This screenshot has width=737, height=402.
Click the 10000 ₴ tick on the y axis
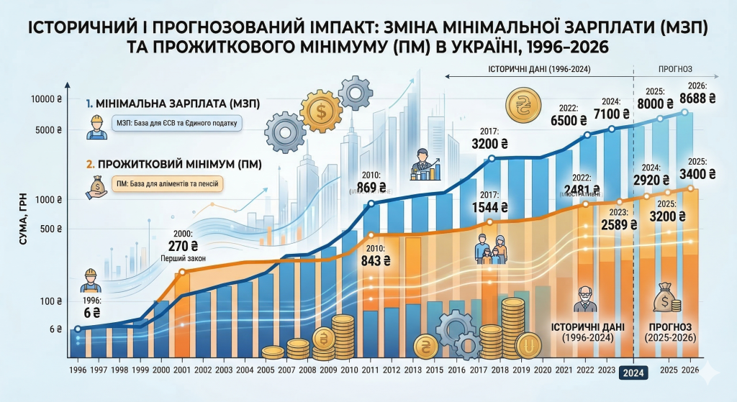[47, 101]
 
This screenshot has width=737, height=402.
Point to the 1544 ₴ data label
[492, 207]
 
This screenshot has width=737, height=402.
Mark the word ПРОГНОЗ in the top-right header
[675, 70]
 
